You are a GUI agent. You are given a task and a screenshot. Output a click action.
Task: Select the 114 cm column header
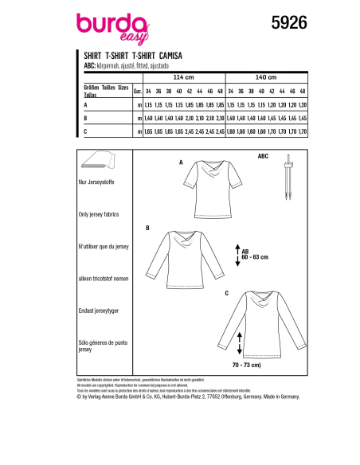pyautogui.click(x=184, y=76)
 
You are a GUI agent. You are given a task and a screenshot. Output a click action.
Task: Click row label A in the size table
pyautogui.click(x=85, y=104)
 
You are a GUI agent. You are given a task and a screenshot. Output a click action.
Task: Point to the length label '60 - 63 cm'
pyautogui.click(x=257, y=258)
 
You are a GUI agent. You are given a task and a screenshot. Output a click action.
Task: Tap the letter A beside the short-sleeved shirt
pyautogui.click(x=182, y=162)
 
